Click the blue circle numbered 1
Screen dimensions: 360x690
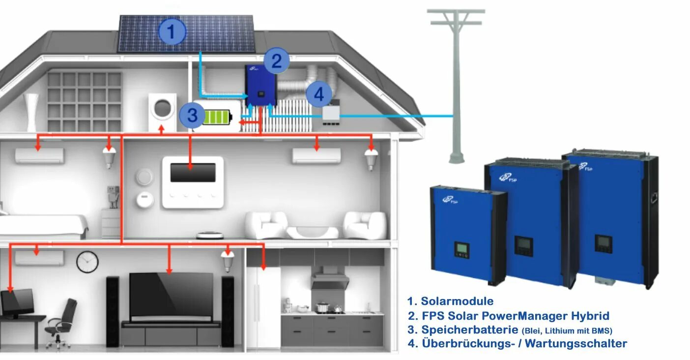(x=172, y=32)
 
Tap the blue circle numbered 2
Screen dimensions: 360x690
(x=277, y=61)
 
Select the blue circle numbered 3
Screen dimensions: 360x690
(x=192, y=116)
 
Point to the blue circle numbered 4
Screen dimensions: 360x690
(x=319, y=94)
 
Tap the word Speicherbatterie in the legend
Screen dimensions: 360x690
(x=462, y=330)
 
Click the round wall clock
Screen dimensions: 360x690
(x=87, y=262)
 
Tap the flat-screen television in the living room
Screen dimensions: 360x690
(x=171, y=295)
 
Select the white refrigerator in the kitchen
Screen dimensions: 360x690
(x=263, y=305)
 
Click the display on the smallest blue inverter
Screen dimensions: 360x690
(x=461, y=249)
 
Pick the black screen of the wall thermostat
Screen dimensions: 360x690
(x=193, y=173)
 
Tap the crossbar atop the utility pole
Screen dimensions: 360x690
(x=456, y=11)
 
